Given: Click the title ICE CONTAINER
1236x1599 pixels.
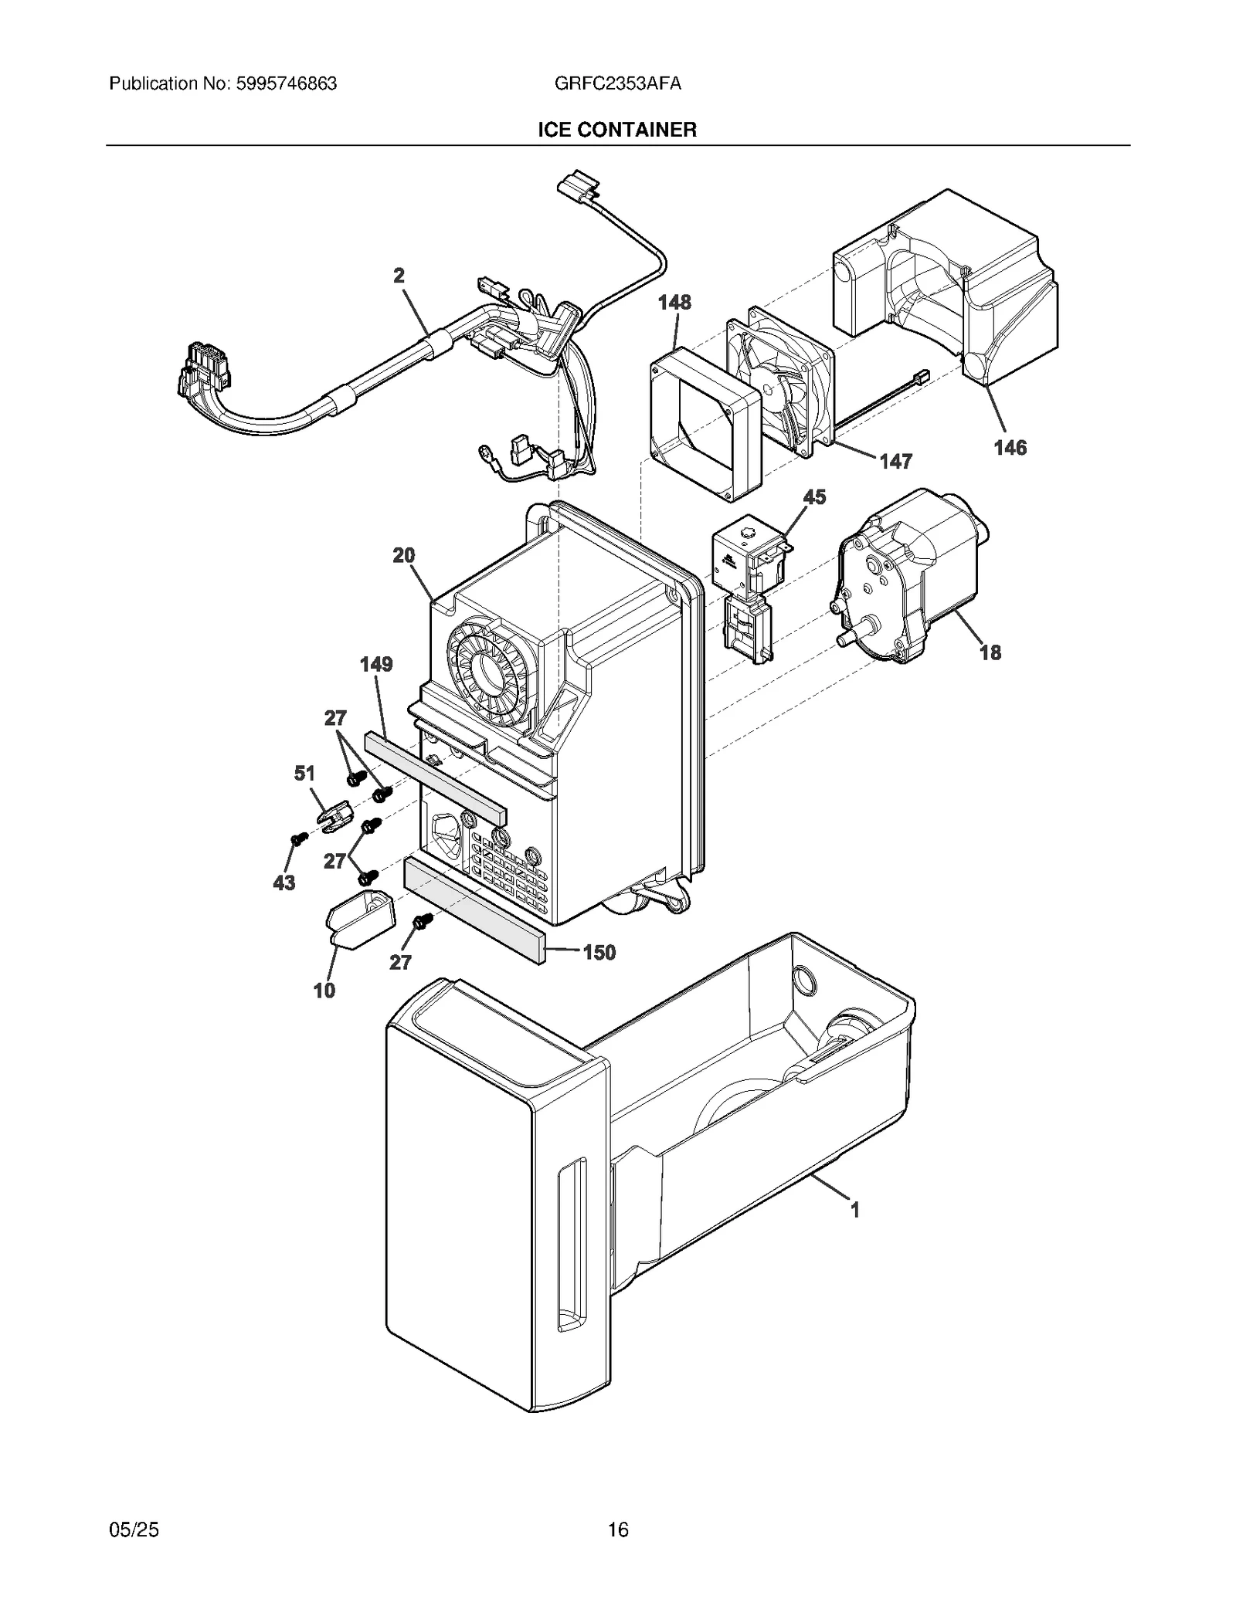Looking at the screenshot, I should coord(617,130).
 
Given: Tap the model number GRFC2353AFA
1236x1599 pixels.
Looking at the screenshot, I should coord(617,83).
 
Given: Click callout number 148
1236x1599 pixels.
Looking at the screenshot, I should coord(674,302).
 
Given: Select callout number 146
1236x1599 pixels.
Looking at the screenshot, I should coord(1010,447).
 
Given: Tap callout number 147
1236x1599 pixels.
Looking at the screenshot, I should coord(895,461).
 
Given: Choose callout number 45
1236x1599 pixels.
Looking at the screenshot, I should coord(814,496).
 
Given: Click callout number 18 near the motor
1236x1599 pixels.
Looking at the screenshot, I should coord(990,652).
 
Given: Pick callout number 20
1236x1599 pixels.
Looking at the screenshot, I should coord(403,555).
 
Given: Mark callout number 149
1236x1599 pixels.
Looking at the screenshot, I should coord(376,664).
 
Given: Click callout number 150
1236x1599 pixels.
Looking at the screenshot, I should coord(599,952).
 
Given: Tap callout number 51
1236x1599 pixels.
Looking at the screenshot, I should coord(304,773).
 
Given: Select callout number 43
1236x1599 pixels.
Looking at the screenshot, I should coord(284,882).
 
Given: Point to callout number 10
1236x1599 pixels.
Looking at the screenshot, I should coord(324,990).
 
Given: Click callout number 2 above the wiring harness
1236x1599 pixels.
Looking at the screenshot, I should coord(399,276).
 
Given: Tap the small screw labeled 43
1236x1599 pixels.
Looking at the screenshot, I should coord(295,838).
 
